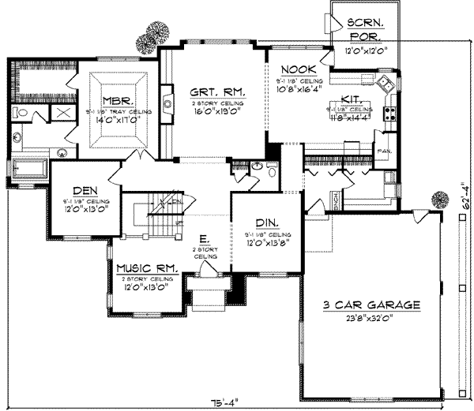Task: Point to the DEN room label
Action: point(85,190)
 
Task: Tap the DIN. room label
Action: point(265,223)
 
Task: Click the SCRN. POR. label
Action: point(364,29)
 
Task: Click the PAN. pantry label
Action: point(385,150)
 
